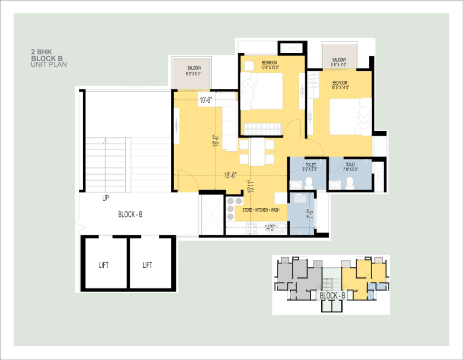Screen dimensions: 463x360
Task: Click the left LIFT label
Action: click(x=104, y=265)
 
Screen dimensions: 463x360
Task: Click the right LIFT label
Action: click(x=148, y=265)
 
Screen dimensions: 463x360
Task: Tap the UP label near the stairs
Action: click(x=106, y=198)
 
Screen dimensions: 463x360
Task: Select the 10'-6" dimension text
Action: click(x=206, y=100)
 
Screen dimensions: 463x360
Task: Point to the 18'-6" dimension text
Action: click(x=230, y=175)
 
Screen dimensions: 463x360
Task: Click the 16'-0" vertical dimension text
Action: click(x=216, y=140)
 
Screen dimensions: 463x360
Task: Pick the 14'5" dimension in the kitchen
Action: click(x=270, y=228)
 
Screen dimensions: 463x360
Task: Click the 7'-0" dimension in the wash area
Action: click(x=310, y=214)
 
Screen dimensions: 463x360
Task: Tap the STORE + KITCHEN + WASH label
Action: click(x=261, y=210)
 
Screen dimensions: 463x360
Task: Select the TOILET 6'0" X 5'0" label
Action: click(x=310, y=167)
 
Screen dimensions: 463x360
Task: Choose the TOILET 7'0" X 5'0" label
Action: click(x=351, y=167)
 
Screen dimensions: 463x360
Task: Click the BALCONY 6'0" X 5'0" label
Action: click(x=194, y=71)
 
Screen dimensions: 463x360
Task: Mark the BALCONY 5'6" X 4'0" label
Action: click(x=339, y=62)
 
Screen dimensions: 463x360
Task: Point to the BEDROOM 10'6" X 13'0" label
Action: click(x=270, y=65)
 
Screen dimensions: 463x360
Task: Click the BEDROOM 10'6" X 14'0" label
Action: click(x=340, y=85)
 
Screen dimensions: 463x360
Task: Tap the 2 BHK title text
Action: click(x=41, y=52)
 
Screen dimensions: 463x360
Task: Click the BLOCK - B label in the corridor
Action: click(x=130, y=214)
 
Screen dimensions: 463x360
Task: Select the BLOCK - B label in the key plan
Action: click(x=333, y=295)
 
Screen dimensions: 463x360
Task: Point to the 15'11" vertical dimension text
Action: click(x=251, y=186)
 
